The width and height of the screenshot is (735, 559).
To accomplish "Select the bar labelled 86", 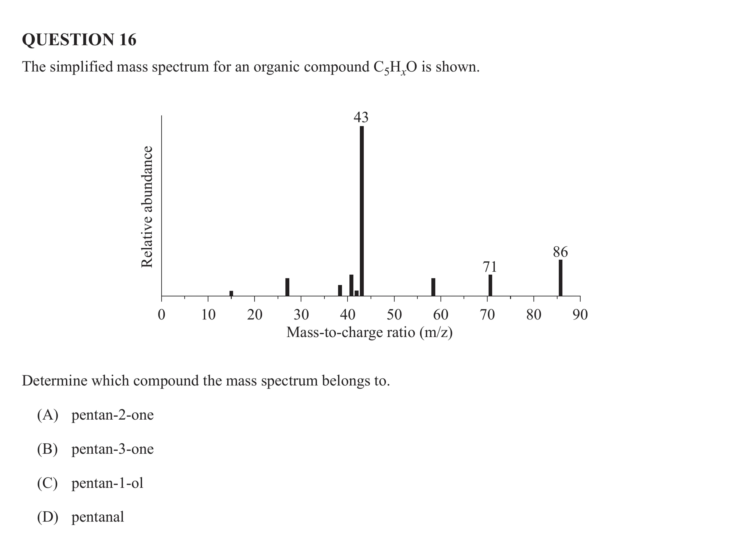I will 560,278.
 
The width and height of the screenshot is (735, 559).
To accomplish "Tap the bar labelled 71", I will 490,285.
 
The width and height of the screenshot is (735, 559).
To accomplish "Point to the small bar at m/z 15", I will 231,293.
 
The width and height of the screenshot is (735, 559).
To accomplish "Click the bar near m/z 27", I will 287,287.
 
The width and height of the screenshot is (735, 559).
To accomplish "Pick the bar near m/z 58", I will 433,287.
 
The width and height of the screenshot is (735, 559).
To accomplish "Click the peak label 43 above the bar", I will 361,117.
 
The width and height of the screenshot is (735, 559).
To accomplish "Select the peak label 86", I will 560,252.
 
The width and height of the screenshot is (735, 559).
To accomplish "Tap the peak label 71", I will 490,267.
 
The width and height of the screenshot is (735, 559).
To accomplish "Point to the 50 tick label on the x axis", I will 394,315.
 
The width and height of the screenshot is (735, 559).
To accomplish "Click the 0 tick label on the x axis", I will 161,315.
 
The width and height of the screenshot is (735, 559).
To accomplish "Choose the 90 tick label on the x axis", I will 580,315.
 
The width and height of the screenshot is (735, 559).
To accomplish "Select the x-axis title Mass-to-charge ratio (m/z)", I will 369,332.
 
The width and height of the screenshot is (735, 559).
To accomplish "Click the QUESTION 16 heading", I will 79,40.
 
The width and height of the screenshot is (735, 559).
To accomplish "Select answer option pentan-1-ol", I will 107,483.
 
